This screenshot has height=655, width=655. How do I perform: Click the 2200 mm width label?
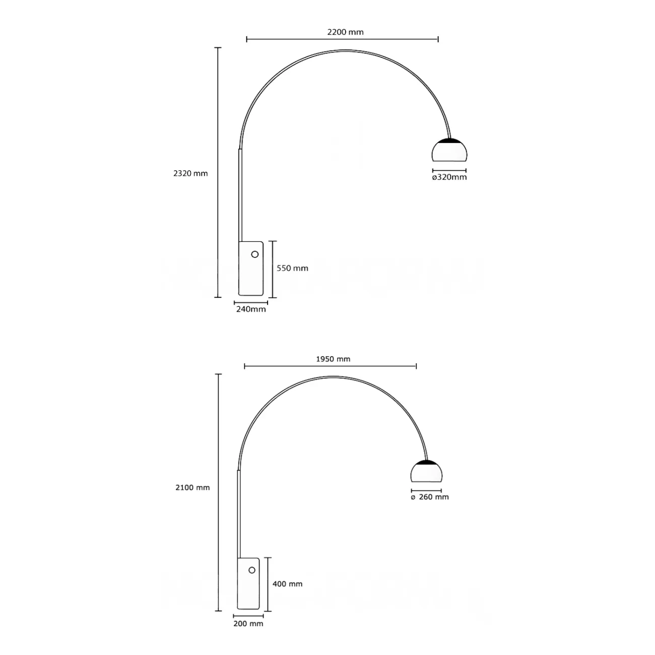click(x=345, y=32)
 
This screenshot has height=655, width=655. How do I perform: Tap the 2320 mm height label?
click(x=190, y=173)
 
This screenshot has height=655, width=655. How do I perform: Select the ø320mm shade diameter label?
click(x=449, y=177)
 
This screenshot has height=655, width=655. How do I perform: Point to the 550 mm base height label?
click(x=292, y=268)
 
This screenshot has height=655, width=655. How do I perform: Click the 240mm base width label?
click(x=251, y=309)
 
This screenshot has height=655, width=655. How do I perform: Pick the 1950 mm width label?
click(x=333, y=359)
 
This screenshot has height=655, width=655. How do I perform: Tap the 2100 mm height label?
click(x=192, y=487)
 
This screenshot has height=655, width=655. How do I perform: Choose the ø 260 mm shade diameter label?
click(x=430, y=497)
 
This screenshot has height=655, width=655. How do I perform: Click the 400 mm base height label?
click(x=287, y=584)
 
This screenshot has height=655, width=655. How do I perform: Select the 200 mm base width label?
click(x=248, y=624)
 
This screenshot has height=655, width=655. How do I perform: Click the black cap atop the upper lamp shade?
click(x=449, y=140)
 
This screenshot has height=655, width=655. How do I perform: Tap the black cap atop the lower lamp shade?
click(x=428, y=462)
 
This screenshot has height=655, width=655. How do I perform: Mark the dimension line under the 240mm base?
click(x=251, y=303)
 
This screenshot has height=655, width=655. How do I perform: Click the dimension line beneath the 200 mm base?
click(x=248, y=616)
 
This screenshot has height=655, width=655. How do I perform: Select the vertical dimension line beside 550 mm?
click(x=272, y=269)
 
